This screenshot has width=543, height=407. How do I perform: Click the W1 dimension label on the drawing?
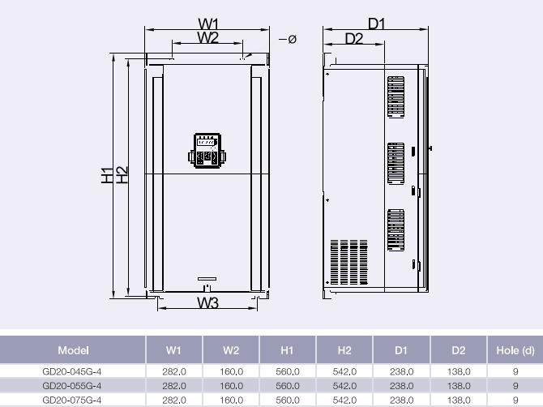208,24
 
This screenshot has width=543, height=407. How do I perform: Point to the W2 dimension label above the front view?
208,37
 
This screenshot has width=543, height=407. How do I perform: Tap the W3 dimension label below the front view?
208,302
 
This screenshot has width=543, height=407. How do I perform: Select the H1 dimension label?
107,175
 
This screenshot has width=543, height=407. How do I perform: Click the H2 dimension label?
122,175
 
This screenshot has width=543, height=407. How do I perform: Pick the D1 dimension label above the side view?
376,24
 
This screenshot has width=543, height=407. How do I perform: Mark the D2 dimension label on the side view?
353,38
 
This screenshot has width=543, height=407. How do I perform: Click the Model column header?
73,350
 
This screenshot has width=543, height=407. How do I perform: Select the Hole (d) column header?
515,350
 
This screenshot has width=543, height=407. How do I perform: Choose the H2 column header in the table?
344,350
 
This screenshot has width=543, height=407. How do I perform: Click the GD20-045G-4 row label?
73,371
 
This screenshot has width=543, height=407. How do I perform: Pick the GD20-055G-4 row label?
73,386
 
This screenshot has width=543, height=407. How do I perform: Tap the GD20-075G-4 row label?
73,400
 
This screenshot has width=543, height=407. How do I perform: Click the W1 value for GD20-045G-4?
174,371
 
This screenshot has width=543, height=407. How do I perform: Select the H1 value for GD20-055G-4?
288,386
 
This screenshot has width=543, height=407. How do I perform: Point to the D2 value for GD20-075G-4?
459,400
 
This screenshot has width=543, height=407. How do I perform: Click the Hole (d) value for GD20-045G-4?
515,371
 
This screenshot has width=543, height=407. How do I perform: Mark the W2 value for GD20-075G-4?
231,400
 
